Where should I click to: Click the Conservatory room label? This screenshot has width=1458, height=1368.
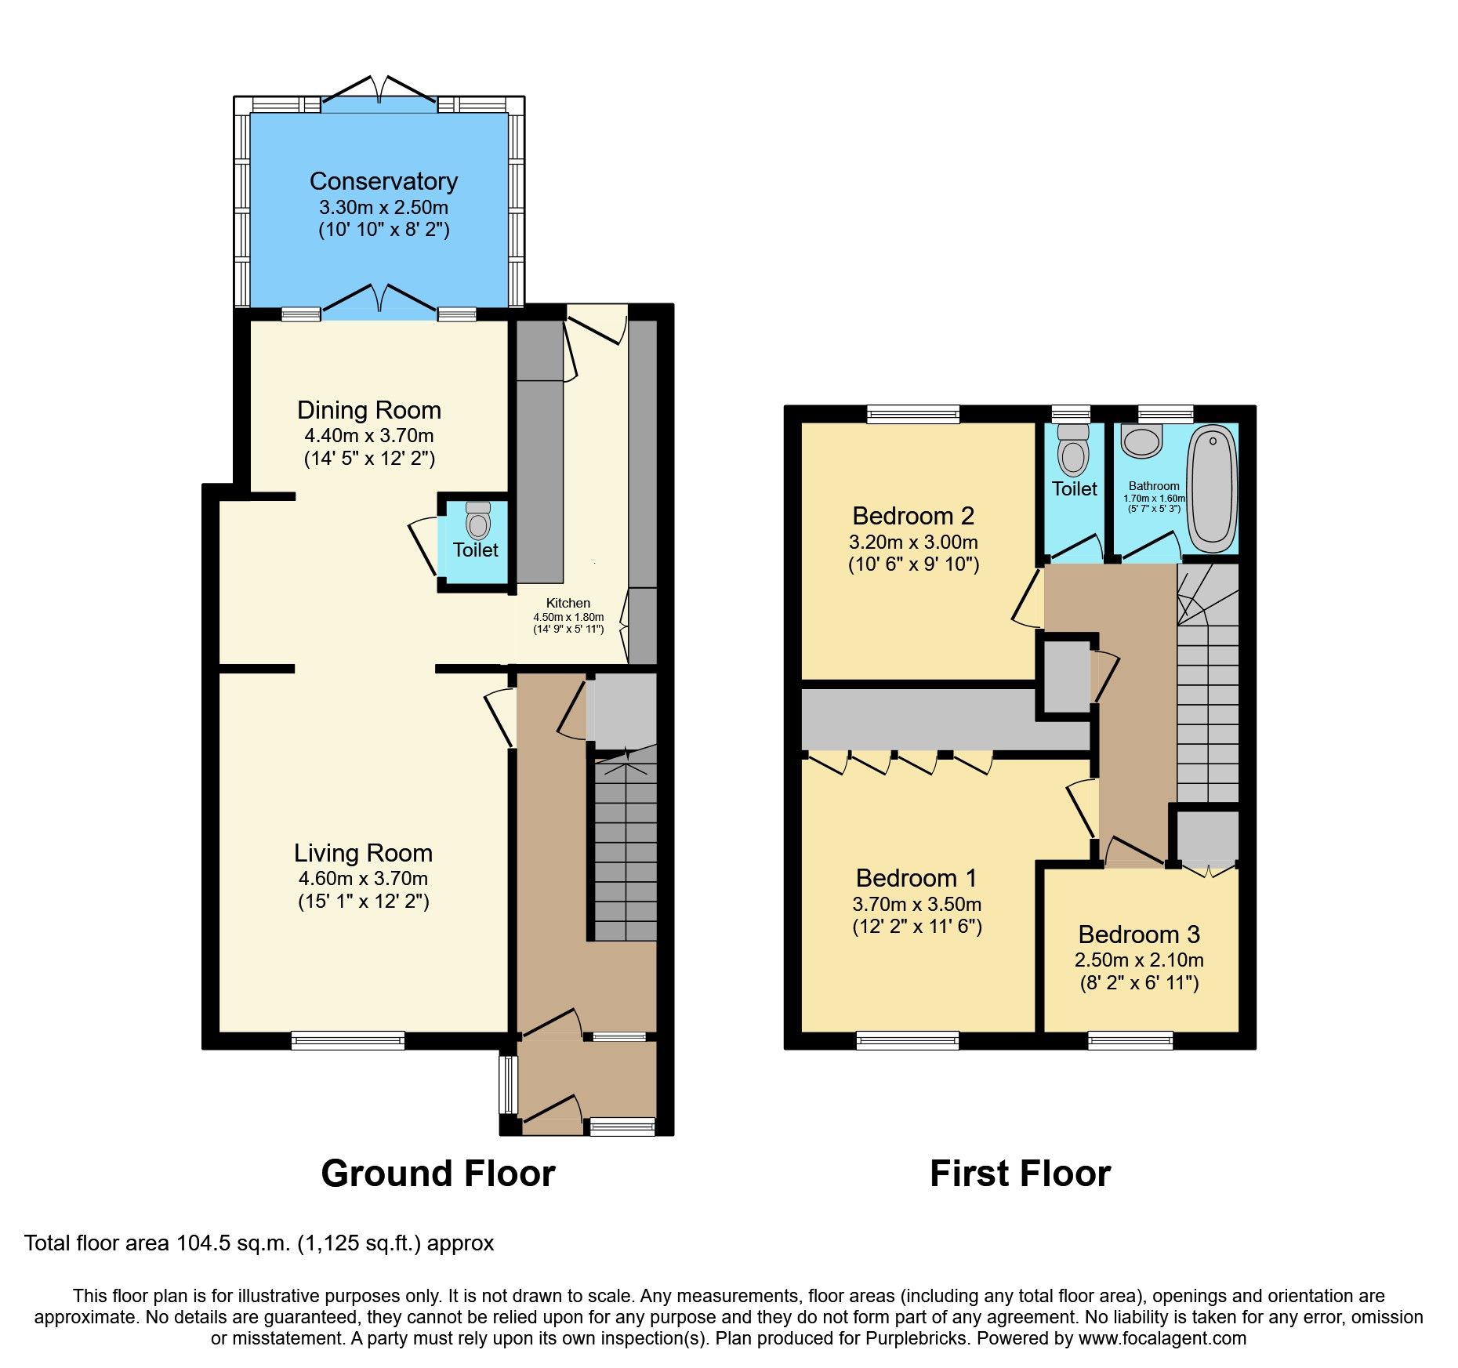[383, 181]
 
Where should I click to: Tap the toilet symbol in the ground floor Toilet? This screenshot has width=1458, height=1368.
[478, 521]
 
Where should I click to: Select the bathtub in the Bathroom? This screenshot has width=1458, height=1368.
[1212, 488]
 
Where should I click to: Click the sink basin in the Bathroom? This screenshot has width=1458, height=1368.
[1141, 441]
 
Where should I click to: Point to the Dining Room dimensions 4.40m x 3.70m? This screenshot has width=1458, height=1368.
[368, 435]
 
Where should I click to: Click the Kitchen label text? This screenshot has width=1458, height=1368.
[568, 603]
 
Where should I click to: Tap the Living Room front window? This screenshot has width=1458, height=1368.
[348, 1040]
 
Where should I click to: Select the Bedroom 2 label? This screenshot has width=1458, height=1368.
[913, 516]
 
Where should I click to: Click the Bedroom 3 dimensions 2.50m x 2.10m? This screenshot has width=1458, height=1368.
[1138, 960]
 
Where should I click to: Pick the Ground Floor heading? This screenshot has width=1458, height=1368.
[437, 1174]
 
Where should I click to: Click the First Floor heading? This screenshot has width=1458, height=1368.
[1020, 1174]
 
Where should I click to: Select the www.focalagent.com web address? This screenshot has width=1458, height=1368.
[1162, 1338]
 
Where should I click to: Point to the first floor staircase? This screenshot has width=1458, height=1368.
[1208, 706]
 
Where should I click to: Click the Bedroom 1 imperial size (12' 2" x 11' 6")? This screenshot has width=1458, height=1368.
[916, 926]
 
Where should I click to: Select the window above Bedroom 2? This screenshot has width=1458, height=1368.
[913, 414]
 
